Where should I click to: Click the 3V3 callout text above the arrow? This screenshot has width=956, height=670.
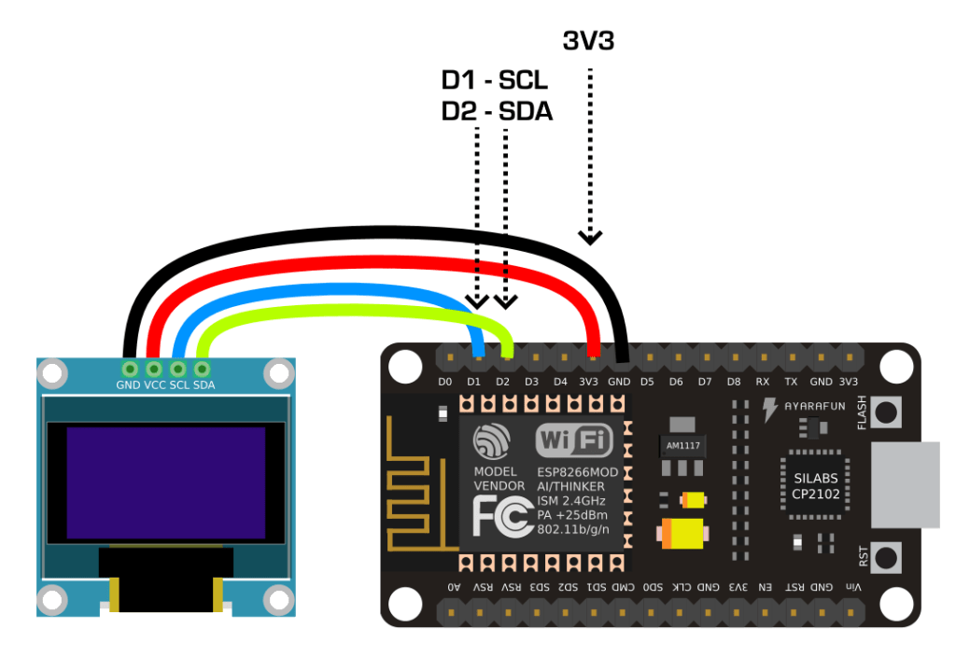tap(588, 40)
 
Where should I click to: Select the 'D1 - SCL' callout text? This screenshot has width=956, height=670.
tap(495, 80)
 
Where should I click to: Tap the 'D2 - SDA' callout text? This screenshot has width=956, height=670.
tap(497, 111)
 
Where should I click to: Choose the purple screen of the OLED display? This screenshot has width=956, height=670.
tap(165, 482)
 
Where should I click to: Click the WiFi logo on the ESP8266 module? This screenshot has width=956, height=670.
tap(573, 440)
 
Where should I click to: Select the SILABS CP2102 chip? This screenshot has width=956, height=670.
tap(810, 486)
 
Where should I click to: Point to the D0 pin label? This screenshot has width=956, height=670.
tap(444, 382)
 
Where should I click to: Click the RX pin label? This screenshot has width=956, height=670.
tap(763, 382)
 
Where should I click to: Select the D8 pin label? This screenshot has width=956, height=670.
tap(734, 382)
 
